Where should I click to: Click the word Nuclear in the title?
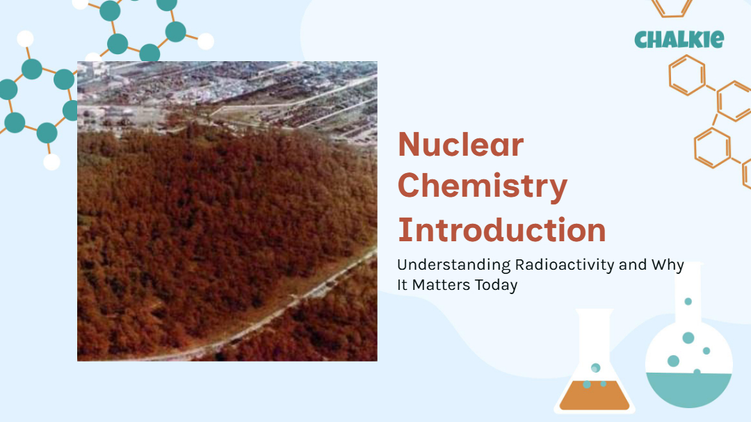tap(461, 144)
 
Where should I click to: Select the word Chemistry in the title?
tap(483, 187)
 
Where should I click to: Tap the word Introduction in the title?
tap(502, 229)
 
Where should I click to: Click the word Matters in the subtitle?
tap(441, 285)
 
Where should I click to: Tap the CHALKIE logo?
tap(679, 39)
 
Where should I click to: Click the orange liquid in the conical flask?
tap(595, 396)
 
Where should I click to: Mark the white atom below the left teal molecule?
tap(51, 162)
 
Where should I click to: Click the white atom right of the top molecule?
tap(206, 42)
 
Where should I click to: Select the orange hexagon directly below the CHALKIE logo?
tap(687, 75)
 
